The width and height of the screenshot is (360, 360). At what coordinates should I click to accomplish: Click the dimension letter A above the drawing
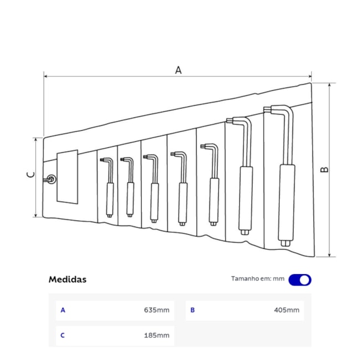pyautogui.click(x=178, y=70)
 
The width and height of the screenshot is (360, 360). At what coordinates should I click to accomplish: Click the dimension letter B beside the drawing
pyautogui.click(x=325, y=169)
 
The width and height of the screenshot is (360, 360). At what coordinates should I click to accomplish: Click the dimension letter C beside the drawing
pyautogui.click(x=31, y=174)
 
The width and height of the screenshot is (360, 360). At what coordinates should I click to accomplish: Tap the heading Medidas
pyautogui.click(x=68, y=279)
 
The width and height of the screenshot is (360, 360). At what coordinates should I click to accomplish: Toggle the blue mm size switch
pyautogui.click(x=300, y=280)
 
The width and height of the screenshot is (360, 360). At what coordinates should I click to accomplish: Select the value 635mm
pyautogui.click(x=157, y=310)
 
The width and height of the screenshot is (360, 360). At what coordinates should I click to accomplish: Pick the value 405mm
pyautogui.click(x=286, y=310)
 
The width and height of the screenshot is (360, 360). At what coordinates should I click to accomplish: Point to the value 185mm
pyautogui.click(x=157, y=336)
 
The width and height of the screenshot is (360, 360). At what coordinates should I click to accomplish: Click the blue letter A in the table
pyautogui.click(x=63, y=310)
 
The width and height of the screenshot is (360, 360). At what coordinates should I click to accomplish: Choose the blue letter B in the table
pyautogui.click(x=192, y=310)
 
